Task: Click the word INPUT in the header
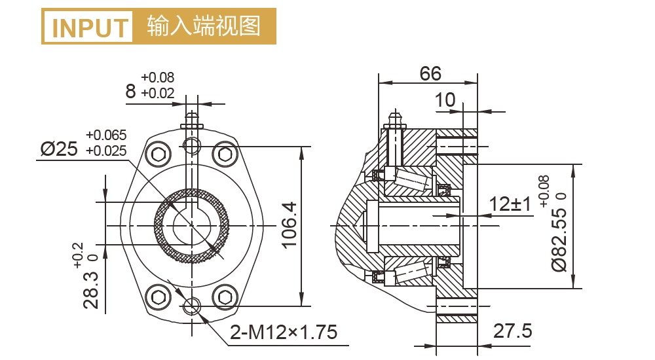pos(89,27)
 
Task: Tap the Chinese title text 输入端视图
pos(204,26)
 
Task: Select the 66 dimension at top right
pos(430,73)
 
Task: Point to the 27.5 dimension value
pos(513,331)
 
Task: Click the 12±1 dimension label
pos(510,204)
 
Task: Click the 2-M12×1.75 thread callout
pos(284,333)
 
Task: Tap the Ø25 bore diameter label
pos(59,149)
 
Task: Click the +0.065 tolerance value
pos(106,135)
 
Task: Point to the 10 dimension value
pos(445,99)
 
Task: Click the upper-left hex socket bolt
pos(159,154)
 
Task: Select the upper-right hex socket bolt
pos(225,154)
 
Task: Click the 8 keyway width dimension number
pos(131,90)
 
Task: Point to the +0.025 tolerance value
pos(106,151)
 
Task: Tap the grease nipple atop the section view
pos(394,120)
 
